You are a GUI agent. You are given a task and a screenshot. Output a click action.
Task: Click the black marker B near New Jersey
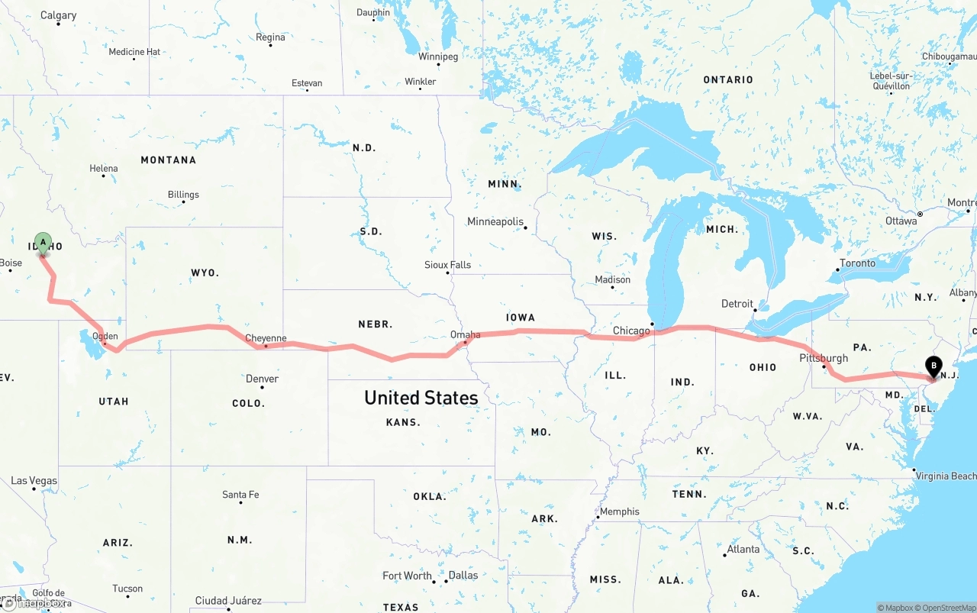[x=933, y=367]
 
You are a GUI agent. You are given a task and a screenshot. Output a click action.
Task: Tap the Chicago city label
[x=631, y=331]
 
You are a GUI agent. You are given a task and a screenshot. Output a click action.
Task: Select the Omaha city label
[x=466, y=334]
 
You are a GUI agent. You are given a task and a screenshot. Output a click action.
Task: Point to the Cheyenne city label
[x=266, y=338]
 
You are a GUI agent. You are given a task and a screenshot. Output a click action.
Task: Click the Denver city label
[x=262, y=379]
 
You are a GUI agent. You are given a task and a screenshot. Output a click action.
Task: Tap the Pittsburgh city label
[x=824, y=358]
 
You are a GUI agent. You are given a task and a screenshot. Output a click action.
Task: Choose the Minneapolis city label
[x=495, y=221]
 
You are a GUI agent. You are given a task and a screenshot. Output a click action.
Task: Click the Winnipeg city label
[x=438, y=56]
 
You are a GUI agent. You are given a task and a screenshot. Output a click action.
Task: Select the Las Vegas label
[x=34, y=481]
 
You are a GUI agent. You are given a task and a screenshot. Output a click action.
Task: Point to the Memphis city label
[x=620, y=511]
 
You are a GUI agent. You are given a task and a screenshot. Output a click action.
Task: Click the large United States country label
[x=421, y=398]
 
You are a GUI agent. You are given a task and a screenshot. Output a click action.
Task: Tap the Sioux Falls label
[x=448, y=265]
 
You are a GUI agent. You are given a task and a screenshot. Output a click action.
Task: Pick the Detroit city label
[x=737, y=304]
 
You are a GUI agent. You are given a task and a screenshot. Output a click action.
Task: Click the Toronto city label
[x=857, y=263]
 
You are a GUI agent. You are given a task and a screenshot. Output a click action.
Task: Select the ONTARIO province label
[x=728, y=79]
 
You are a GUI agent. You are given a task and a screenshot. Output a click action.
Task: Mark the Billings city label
[x=183, y=195]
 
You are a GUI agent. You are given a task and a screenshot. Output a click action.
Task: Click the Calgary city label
[x=59, y=15]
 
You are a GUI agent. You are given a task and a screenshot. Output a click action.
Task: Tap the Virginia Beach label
[x=946, y=476]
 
